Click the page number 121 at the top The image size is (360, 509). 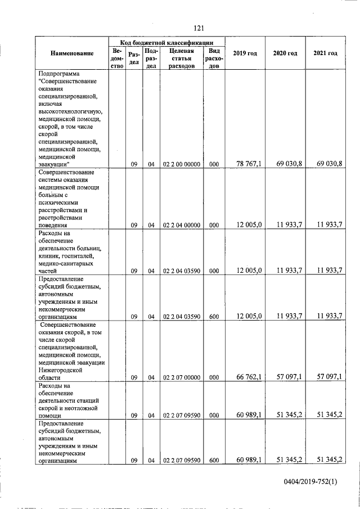[198, 28]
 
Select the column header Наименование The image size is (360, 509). [71, 53]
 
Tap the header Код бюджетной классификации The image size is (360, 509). [166, 42]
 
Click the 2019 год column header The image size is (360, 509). [245, 53]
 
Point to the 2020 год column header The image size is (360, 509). [285, 53]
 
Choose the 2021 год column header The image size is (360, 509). [325, 53]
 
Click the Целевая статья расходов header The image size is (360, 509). [181, 58]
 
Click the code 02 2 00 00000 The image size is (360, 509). [182, 164]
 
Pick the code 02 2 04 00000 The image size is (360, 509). [182, 225]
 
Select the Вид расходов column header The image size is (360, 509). [214, 58]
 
